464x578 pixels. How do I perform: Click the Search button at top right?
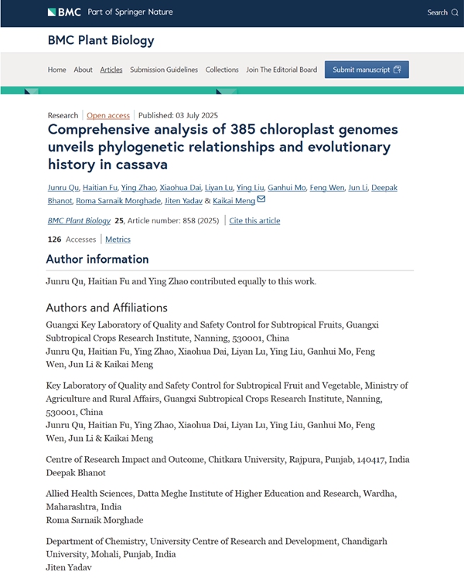coord(442,12)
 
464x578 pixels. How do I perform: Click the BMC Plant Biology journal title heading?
coord(101,40)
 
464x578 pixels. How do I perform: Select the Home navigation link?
coord(57,70)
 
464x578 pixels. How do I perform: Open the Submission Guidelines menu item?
coord(164,70)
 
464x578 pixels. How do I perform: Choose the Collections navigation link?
coord(222,70)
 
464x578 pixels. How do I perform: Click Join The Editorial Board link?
coord(281,70)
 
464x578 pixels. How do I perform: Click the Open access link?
coord(108,115)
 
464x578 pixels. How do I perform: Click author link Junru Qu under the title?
coord(63,188)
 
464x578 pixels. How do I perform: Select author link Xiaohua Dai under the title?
coord(179,188)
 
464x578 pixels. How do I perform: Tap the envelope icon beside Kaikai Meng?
coord(261,199)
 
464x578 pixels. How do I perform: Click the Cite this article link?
coord(254,221)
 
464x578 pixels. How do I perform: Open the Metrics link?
coord(118,240)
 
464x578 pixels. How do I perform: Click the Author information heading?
coord(97,259)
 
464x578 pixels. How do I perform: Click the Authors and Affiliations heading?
coord(107,308)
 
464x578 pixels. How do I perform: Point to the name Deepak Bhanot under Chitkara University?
coord(76,472)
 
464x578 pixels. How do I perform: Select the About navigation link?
coord(83,70)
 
